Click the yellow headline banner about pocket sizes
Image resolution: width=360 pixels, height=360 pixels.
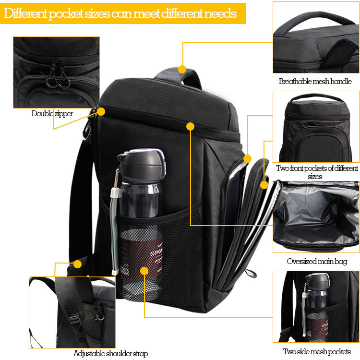pyautogui.click(x=123, y=13)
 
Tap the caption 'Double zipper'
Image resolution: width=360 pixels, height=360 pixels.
pyautogui.click(x=52, y=113)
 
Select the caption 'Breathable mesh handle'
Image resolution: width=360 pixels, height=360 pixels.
pyautogui.click(x=315, y=81)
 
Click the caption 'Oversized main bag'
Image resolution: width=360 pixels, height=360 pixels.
pyautogui.click(x=317, y=261)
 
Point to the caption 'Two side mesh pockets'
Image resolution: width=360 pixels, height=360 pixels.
pyautogui.click(x=317, y=351)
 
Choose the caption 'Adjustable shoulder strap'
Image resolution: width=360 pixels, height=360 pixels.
pyautogui.click(x=111, y=353)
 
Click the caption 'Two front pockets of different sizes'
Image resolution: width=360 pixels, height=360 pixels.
pyautogui.click(x=317, y=172)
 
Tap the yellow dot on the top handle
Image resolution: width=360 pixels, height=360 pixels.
pyautogui.click(x=182, y=69)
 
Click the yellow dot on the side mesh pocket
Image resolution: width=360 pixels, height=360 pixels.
pyautogui.click(x=144, y=271)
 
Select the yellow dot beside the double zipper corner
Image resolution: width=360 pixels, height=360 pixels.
pyautogui.click(x=101, y=111)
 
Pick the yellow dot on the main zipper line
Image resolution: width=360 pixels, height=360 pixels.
pyautogui.click(x=191, y=126)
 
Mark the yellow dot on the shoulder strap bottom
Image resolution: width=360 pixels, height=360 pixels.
pyautogui.click(x=78, y=264)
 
